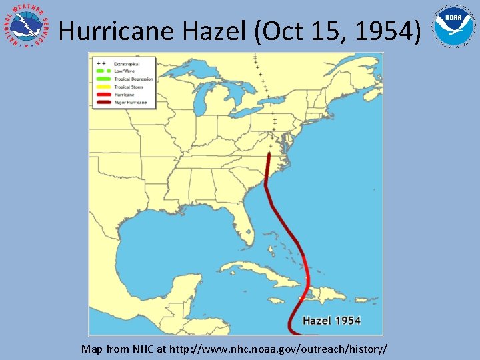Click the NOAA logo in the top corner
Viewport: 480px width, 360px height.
pos(454,26)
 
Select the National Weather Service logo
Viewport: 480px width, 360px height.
pos(27,27)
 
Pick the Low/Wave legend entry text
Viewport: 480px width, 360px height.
pos(124,71)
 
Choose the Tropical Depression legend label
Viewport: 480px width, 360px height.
pos(133,79)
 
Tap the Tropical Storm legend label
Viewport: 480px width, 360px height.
pos(129,87)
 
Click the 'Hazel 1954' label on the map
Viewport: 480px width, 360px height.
pos(331,321)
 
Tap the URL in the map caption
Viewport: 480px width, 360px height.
pos(278,349)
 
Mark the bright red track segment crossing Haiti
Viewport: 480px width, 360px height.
pos(307,287)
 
